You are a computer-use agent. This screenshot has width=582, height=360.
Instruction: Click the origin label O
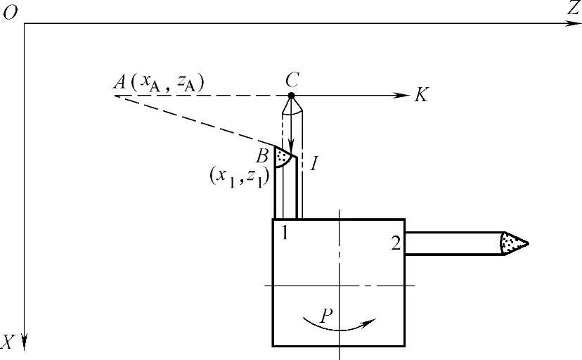coord(10,13)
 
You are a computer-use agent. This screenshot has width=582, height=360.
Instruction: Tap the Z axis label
coord(574,8)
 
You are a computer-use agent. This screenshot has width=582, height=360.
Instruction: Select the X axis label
coord(8,342)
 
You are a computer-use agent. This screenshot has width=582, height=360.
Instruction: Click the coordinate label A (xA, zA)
coord(158,83)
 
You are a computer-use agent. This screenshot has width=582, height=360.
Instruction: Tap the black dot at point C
coord(292,95)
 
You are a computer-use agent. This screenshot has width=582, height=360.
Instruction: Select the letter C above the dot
coord(292,79)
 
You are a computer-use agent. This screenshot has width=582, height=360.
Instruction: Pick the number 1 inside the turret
coord(284,232)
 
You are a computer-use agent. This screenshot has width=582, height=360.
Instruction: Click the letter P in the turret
coord(325,315)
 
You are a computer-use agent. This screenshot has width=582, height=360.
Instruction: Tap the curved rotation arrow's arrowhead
coord(370,322)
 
